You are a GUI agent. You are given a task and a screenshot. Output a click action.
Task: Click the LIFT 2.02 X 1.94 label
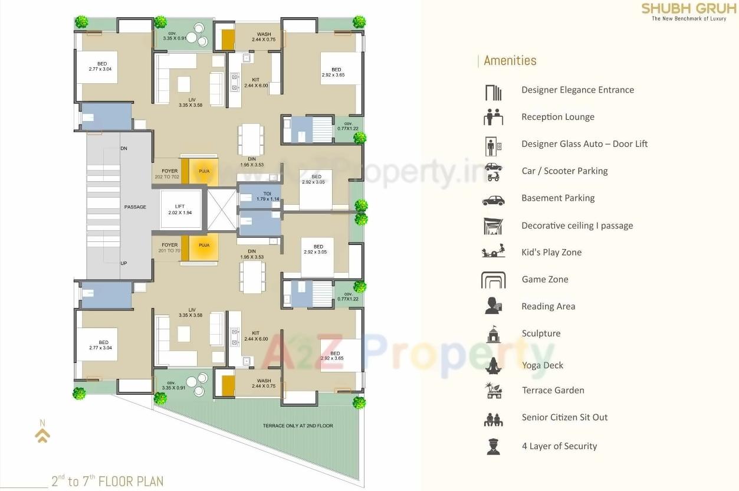(x=180, y=210)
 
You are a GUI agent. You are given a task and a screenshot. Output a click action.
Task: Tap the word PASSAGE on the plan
(x=135, y=207)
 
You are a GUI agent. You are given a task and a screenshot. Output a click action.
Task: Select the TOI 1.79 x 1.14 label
(x=268, y=197)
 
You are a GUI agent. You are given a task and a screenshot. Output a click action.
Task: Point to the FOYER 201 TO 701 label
(x=169, y=248)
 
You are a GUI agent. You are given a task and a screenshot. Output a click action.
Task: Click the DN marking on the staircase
(x=124, y=149)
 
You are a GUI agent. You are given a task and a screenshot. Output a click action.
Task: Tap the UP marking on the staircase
(x=124, y=263)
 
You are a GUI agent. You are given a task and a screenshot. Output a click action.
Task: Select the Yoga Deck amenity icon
(x=493, y=365)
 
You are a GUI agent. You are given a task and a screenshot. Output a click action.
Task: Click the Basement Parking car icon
(x=493, y=200)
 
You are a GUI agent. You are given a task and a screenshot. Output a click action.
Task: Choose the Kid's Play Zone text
(x=551, y=253)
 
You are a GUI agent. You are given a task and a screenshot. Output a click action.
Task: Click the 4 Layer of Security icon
(x=493, y=446)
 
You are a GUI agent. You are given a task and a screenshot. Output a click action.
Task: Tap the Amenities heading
(x=510, y=61)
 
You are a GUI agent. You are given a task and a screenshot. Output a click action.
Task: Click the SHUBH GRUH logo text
(x=688, y=9)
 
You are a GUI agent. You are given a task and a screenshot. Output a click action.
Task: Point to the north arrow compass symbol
(x=42, y=433)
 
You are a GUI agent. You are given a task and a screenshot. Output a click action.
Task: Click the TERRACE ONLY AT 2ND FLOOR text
(x=298, y=425)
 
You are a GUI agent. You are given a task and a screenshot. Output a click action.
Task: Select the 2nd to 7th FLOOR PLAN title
(x=107, y=481)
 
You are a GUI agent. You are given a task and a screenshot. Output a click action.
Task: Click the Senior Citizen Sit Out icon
(x=493, y=419)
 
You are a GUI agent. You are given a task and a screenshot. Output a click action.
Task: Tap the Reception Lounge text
(x=557, y=117)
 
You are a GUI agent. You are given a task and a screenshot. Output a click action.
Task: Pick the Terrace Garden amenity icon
(x=493, y=391)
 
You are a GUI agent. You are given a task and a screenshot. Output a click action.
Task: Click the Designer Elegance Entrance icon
(x=493, y=92)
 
